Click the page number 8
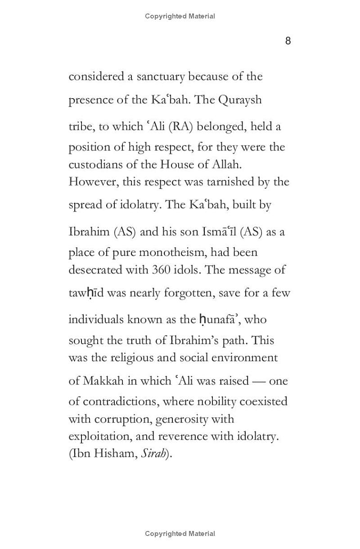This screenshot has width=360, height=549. pyautogui.click(x=288, y=41)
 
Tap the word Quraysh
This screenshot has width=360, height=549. pyautogui.click(x=240, y=100)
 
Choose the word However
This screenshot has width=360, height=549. pyautogui.click(x=91, y=182)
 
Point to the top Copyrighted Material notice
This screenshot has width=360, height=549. pyautogui.click(x=180, y=16)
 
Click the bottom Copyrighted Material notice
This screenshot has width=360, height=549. pyautogui.click(x=180, y=534)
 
